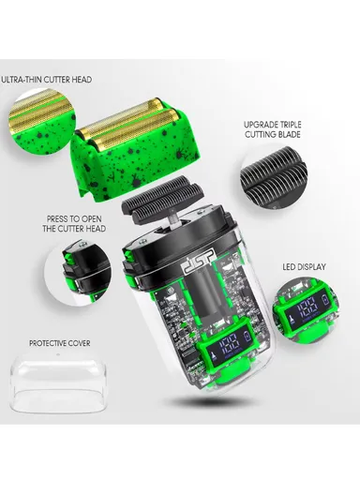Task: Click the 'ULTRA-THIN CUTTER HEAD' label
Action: point(47,80)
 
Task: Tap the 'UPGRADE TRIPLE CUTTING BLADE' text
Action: point(272,129)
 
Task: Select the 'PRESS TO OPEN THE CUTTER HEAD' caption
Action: point(74,223)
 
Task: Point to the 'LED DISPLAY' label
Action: point(304,267)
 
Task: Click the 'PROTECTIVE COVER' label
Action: point(60,343)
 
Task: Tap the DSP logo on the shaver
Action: point(199,261)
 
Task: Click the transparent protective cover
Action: point(58,382)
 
